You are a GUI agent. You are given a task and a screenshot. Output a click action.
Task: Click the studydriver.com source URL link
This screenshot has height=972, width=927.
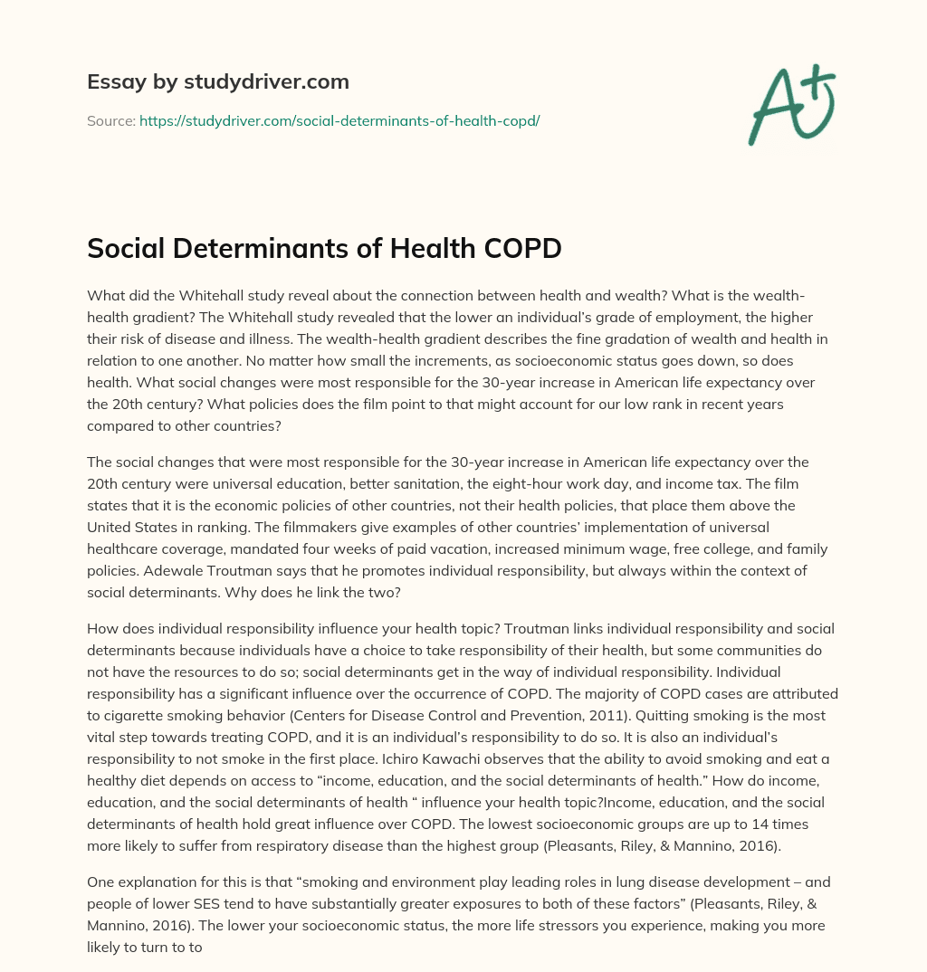point(339,120)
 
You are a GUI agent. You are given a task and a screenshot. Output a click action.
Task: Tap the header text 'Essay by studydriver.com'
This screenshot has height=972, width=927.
point(218,81)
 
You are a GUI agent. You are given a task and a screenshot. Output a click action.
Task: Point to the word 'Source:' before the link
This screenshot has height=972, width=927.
point(110,120)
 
